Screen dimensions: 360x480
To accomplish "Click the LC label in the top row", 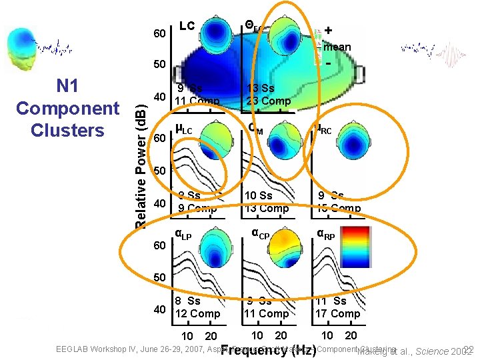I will coord(187,26).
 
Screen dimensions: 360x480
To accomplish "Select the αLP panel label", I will coord(183,234).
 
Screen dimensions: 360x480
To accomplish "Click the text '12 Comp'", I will coord(196,313).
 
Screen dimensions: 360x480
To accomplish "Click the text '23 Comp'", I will coord(268,101).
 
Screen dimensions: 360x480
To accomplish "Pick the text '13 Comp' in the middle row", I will coord(267,208).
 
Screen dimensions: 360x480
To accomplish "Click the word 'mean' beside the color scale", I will coord(337,47).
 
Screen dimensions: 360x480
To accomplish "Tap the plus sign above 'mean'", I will coord(329,30).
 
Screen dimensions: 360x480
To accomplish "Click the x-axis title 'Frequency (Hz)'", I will coord(268,349).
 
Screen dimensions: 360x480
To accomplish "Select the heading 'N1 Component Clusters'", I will coord(67,108).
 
